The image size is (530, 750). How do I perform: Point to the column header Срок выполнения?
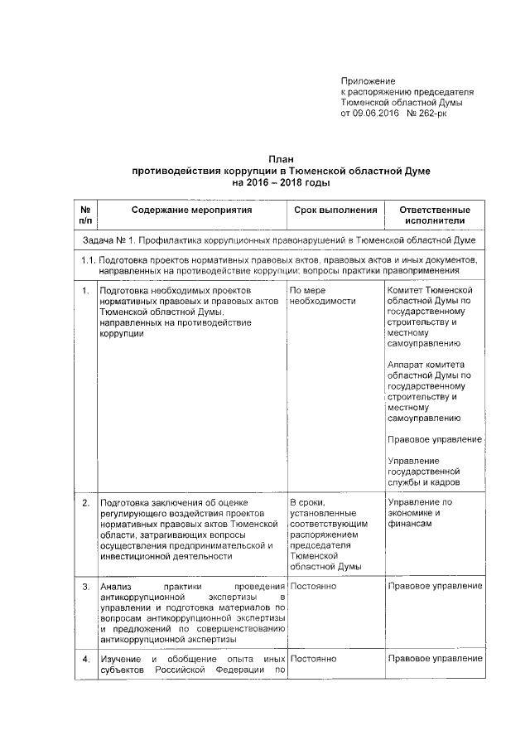tap(335, 210)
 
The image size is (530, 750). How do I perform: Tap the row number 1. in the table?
tap(85, 291)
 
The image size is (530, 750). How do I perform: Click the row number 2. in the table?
tap(85, 502)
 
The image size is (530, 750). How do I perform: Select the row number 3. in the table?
tap(85, 587)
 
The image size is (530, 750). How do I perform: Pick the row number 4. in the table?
tap(85, 659)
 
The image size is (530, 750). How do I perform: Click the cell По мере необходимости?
tap(323, 296)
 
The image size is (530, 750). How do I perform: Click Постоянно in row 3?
tap(312, 587)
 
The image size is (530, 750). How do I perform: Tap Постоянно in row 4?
tap(312, 659)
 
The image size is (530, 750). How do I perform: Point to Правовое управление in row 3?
tap(434, 587)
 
